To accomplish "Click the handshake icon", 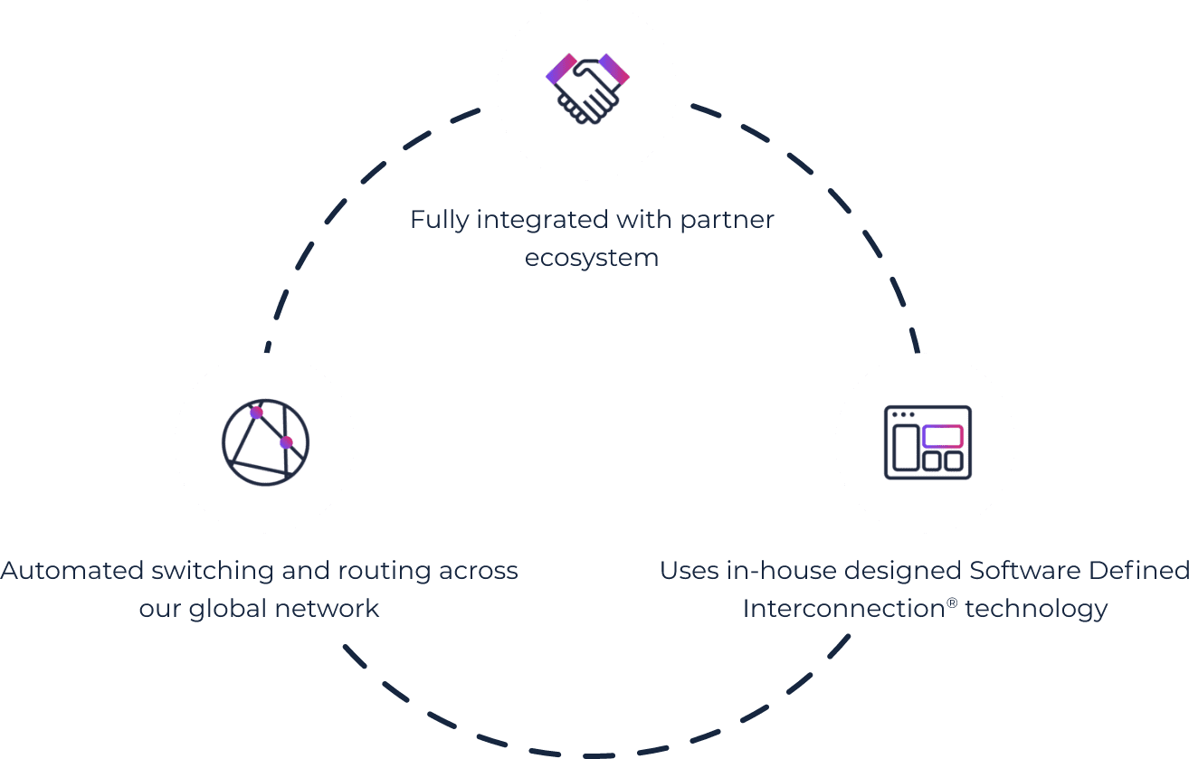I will tap(587, 89).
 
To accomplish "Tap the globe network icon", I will tap(265, 441).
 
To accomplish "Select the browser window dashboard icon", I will tap(927, 441).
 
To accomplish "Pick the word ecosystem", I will tap(592, 258).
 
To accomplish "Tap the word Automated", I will tap(72, 571).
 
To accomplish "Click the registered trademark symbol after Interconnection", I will tap(952, 601).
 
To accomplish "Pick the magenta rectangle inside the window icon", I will tap(942, 436).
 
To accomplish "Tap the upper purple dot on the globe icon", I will tap(256, 413).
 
